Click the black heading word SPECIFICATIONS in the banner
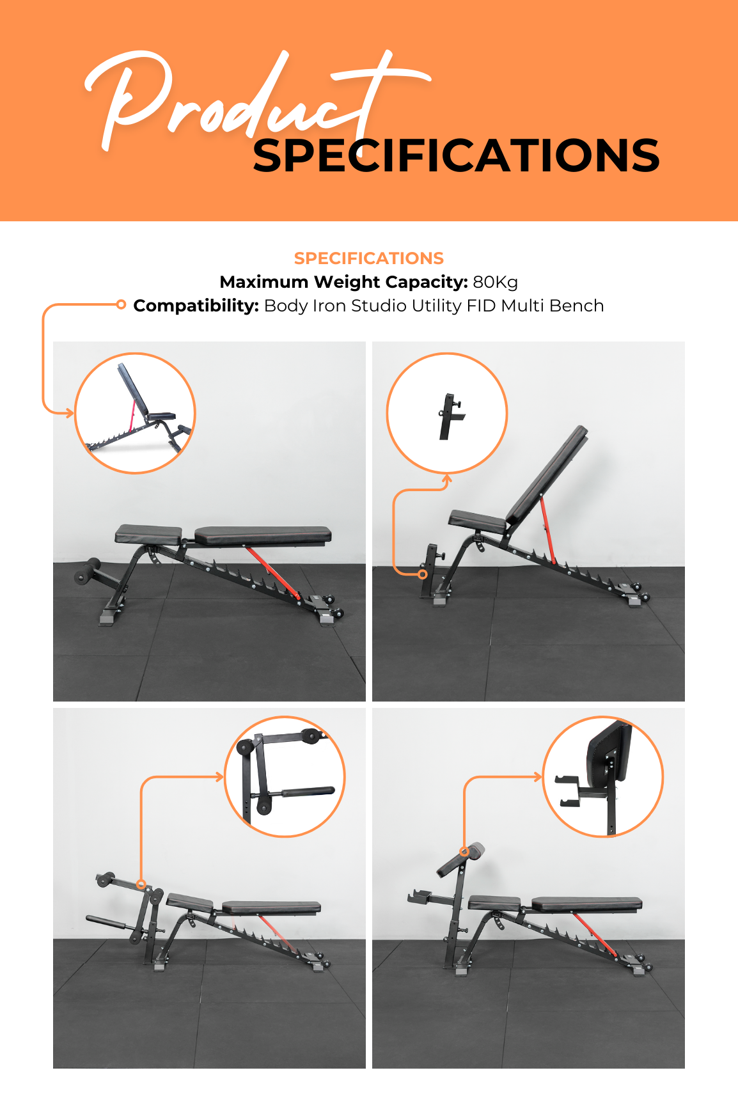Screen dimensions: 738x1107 tap(456, 155)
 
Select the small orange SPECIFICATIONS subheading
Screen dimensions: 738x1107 tap(369, 258)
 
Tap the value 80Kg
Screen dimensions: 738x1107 tap(496, 282)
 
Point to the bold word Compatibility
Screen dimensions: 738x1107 tap(196, 306)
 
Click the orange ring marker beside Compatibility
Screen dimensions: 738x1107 tap(121, 304)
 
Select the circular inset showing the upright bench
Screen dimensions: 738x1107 tap(135, 413)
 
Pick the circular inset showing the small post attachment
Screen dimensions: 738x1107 tap(447, 413)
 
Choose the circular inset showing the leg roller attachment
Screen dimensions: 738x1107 tap(285, 776)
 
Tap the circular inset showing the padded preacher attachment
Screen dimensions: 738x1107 tap(603, 776)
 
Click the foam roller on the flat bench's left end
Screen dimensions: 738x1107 tap(87, 571)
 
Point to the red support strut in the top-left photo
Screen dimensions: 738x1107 tap(272, 571)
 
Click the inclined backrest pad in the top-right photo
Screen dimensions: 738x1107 tap(547, 475)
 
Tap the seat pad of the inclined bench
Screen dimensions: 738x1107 tap(478, 521)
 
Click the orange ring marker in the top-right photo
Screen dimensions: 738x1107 tap(423, 574)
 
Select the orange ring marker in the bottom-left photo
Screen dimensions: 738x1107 tap(141, 884)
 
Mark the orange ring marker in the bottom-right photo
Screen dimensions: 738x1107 tap(464, 852)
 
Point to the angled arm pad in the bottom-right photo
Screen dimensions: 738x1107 tap(461, 859)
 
